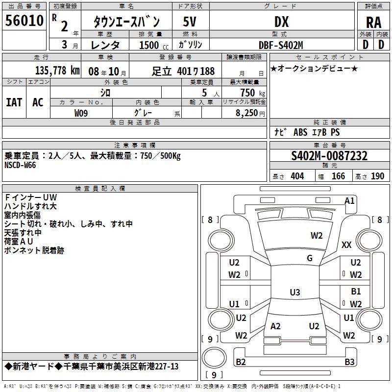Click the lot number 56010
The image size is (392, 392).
tap(24, 21)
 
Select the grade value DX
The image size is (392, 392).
tap(281, 22)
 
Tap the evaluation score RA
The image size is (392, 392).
tap(373, 23)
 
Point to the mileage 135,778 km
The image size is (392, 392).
tap(57, 71)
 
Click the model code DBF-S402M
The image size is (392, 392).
tap(281, 45)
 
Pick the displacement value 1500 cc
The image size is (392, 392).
tap(154, 45)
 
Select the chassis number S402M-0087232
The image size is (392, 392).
tap(329, 156)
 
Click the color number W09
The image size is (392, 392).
tap(81, 113)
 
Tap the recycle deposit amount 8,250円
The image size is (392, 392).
tap(250, 113)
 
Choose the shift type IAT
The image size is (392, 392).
tap(14, 102)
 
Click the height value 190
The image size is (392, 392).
tap(377, 176)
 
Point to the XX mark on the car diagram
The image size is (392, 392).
tap(346, 245)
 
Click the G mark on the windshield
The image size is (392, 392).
tap(310, 258)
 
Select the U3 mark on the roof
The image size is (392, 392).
tap(295, 292)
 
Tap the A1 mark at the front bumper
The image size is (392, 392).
tap(349, 201)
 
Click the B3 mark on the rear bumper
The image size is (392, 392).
tap(349, 362)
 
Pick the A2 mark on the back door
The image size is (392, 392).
tap(275, 326)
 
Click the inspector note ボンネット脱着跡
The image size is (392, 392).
tap(34, 250)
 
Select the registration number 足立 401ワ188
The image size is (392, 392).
tap(183, 71)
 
